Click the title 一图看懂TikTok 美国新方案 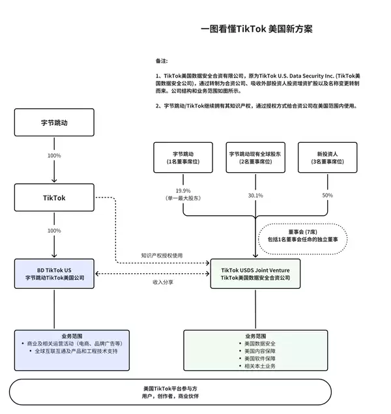(257, 29)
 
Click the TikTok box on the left (54, 198)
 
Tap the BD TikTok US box (54, 273)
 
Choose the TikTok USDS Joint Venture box (255, 273)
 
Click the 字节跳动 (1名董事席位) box (182, 157)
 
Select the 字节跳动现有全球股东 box (255, 157)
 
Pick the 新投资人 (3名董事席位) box (327, 157)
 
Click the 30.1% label (255, 195)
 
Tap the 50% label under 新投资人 (327, 195)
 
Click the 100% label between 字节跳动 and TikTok (54, 156)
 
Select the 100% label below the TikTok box (54, 231)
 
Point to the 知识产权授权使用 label (163, 255)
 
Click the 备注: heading (162, 61)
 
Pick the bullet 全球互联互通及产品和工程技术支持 (76, 351)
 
